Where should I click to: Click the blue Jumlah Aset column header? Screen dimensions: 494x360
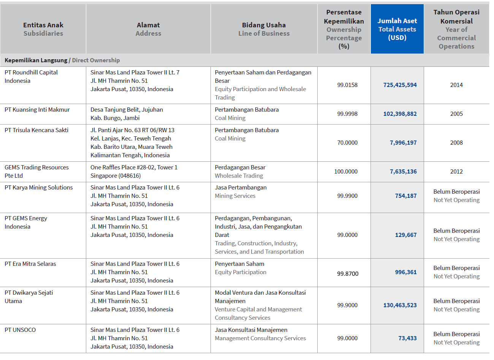[397, 29]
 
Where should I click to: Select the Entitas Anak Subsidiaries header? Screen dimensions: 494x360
[43, 29]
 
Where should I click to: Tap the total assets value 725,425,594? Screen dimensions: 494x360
[400, 85]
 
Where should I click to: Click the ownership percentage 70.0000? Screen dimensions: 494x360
[347, 143]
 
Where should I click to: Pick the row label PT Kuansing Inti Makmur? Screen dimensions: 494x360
[37, 110]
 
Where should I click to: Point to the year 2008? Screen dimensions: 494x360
[456, 143]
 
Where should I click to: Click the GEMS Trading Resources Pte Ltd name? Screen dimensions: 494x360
[36, 172]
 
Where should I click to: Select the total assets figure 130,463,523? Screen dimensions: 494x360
[400, 305]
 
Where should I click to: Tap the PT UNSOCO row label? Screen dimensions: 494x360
[20, 330]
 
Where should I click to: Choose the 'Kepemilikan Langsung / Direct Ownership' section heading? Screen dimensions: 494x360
[62, 60]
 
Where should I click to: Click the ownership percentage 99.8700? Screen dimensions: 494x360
[348, 273]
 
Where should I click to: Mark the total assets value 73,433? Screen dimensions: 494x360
[407, 338]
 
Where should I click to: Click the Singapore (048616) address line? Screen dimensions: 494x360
[116, 176]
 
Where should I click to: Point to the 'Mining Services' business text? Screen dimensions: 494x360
[235, 196]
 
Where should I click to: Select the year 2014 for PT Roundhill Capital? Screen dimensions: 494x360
[456, 85]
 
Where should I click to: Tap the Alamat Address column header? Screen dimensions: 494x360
[148, 29]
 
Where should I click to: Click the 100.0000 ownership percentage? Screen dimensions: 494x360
[346, 172]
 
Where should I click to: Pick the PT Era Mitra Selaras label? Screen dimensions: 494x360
[30, 264]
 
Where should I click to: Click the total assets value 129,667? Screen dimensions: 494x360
[406, 235]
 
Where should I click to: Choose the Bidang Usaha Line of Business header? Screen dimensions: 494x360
[264, 29]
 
